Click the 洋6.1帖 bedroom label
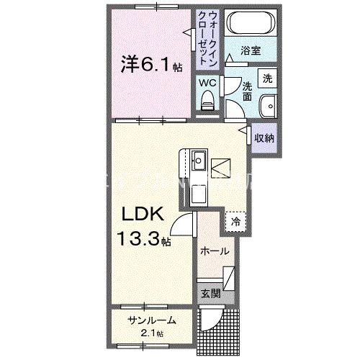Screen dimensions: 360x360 151,65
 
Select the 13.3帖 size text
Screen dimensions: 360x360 145,238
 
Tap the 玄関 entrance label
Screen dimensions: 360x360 210,293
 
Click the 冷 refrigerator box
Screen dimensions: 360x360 235,222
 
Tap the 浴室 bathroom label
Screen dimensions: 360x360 250,52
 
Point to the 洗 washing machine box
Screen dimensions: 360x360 267,78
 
